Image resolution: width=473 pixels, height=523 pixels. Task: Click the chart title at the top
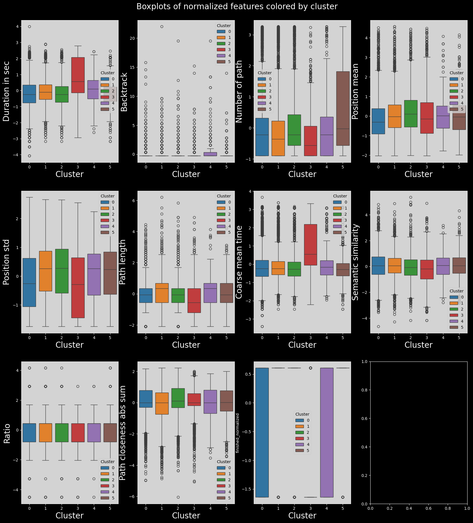[236, 7]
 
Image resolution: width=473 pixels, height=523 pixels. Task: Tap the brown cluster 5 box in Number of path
[343, 108]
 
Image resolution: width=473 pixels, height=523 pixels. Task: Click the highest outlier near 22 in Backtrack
[162, 26]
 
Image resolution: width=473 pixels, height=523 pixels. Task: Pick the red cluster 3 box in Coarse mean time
[310, 245]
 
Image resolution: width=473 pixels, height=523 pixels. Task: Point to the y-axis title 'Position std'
[6, 262]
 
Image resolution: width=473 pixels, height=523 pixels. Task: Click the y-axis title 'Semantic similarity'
[356, 262]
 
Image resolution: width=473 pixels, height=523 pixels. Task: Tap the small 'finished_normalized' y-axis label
[237, 433]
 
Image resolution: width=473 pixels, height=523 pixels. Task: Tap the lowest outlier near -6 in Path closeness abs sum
[178, 497]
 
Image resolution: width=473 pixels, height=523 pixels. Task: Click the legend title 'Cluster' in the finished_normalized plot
[302, 414]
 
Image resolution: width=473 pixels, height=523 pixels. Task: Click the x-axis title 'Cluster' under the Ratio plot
[70, 516]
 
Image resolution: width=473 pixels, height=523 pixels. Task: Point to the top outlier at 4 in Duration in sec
[30, 26]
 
